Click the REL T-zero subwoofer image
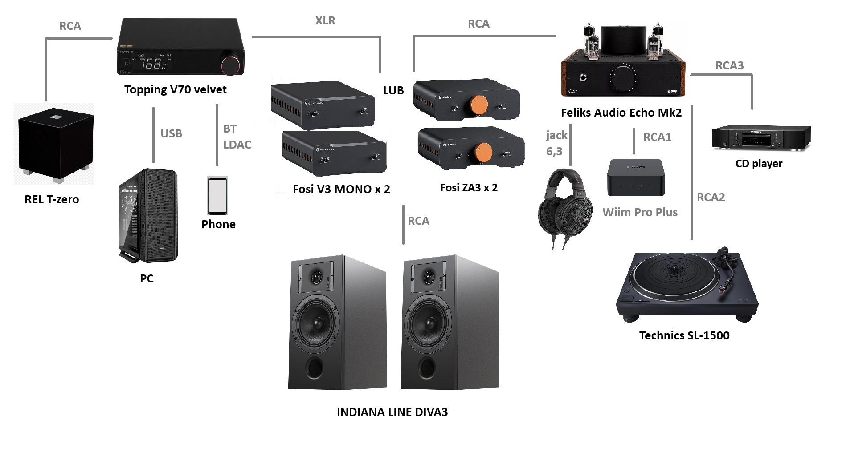55,145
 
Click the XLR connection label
325,20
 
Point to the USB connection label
171,133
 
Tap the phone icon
217,196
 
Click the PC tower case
148,215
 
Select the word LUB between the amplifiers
393,90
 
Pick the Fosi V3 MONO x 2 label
341,189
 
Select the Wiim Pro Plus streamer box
636,178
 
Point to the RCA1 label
657,137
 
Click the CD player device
760,137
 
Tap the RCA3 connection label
729,65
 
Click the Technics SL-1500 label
684,335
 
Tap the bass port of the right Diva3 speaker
427,367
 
